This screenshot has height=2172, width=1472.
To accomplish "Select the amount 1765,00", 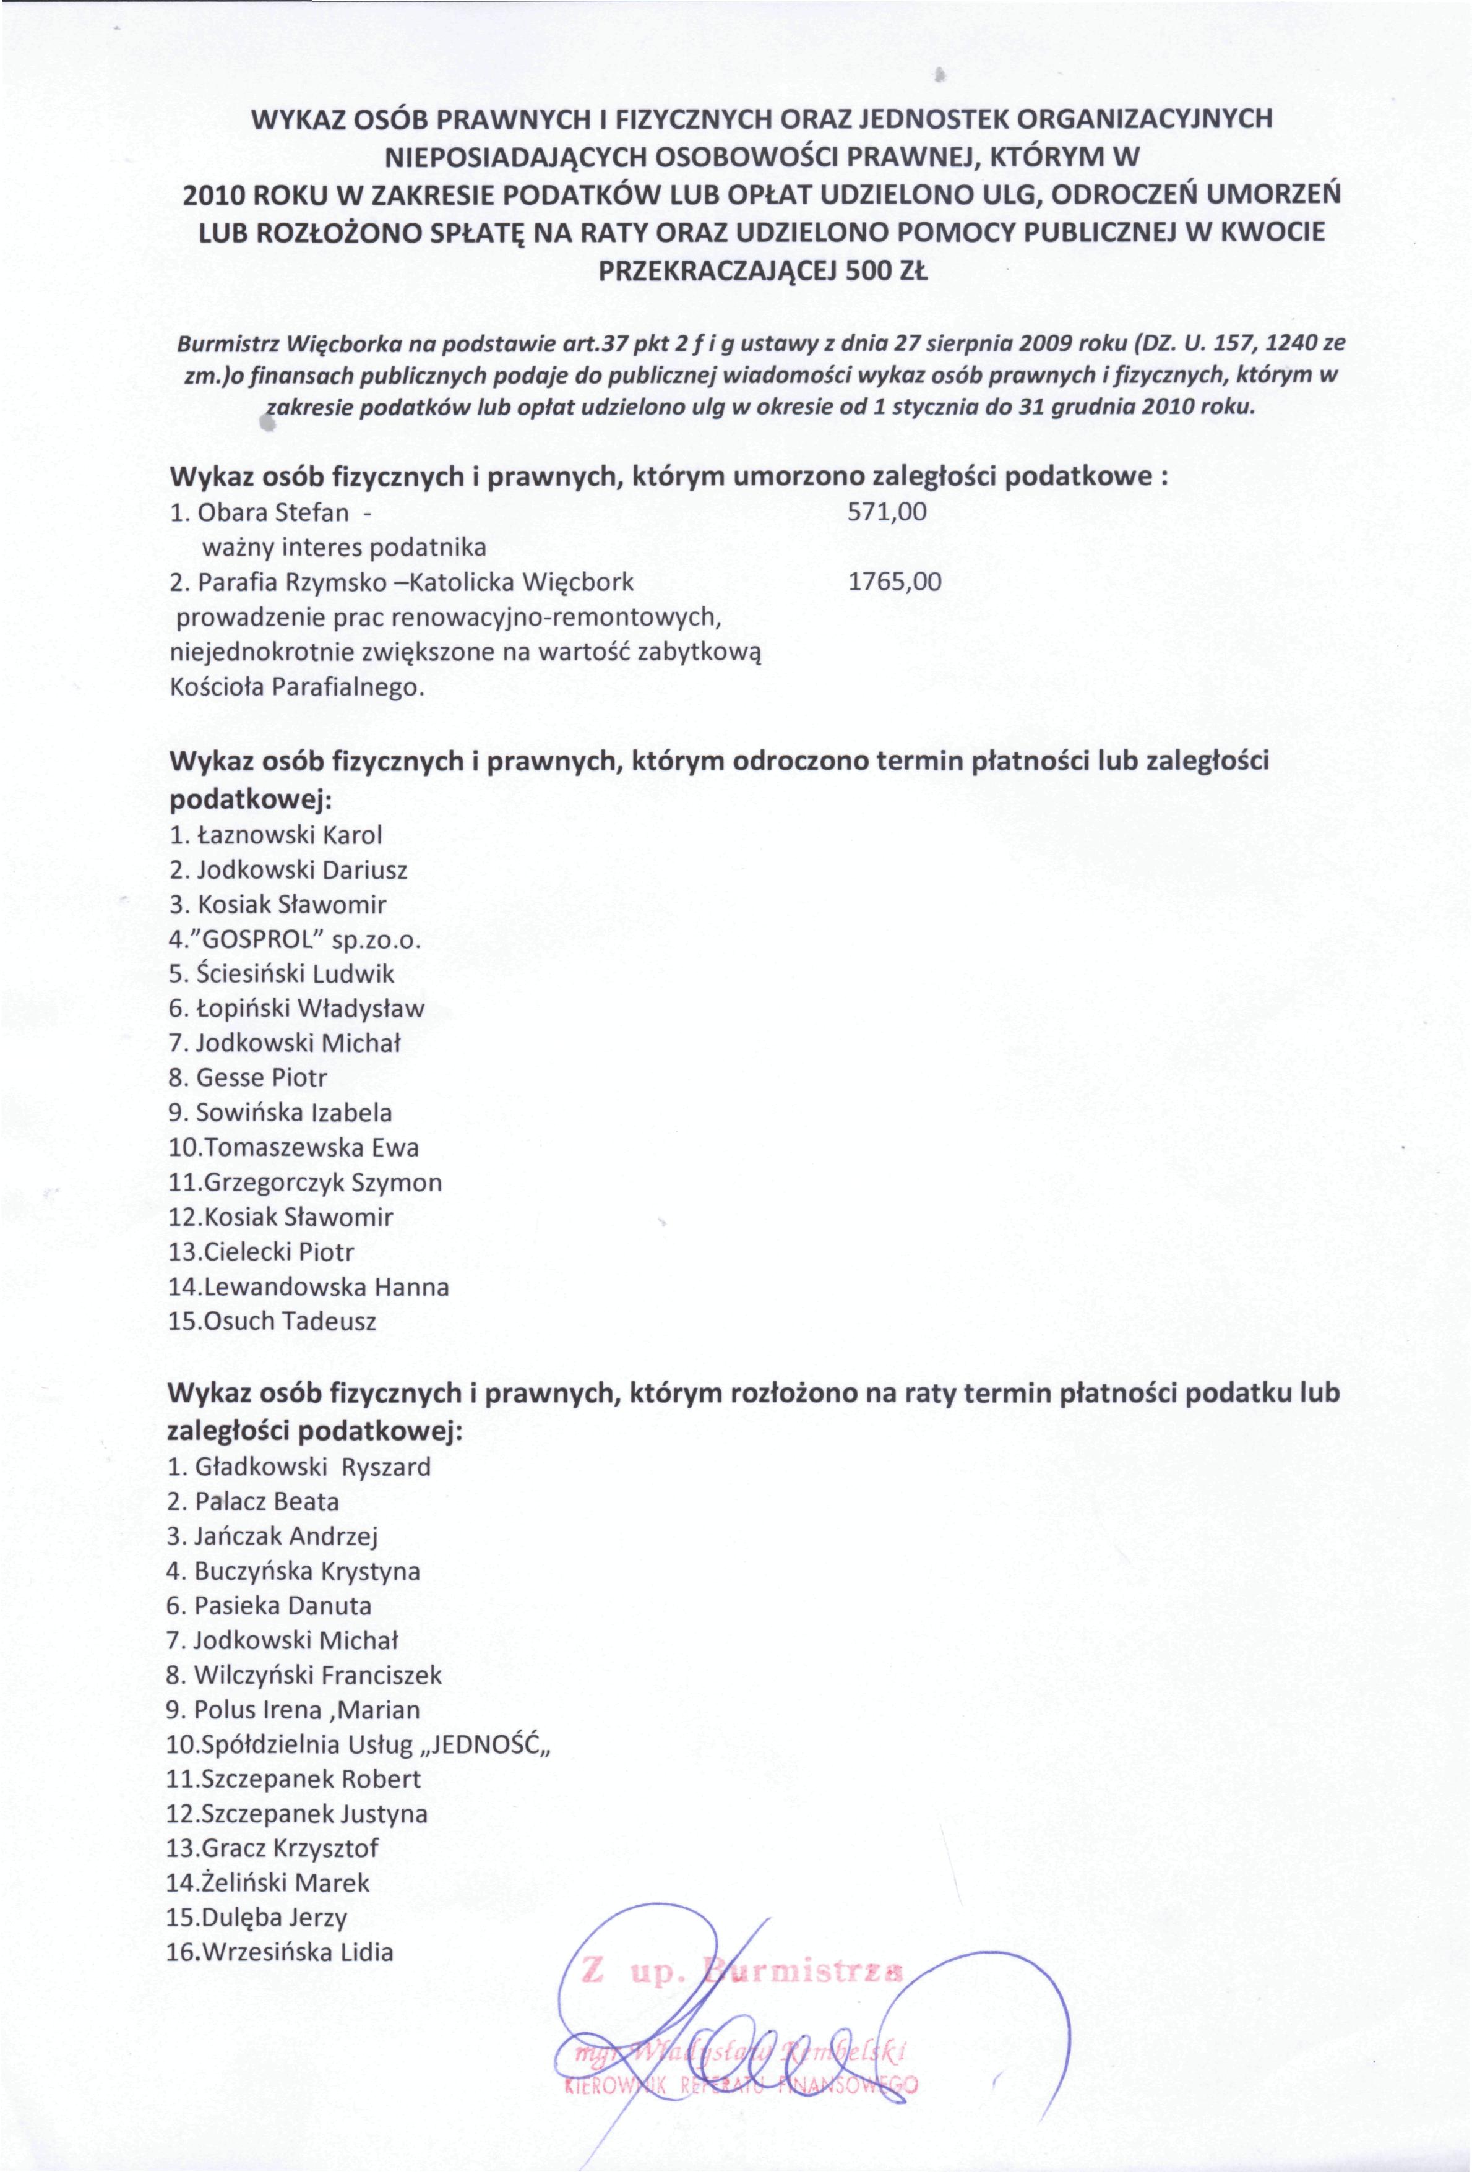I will tap(895, 582).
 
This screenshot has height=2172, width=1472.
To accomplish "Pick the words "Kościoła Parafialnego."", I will tap(297, 687).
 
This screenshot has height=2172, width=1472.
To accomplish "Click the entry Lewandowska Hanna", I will tap(308, 1287).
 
